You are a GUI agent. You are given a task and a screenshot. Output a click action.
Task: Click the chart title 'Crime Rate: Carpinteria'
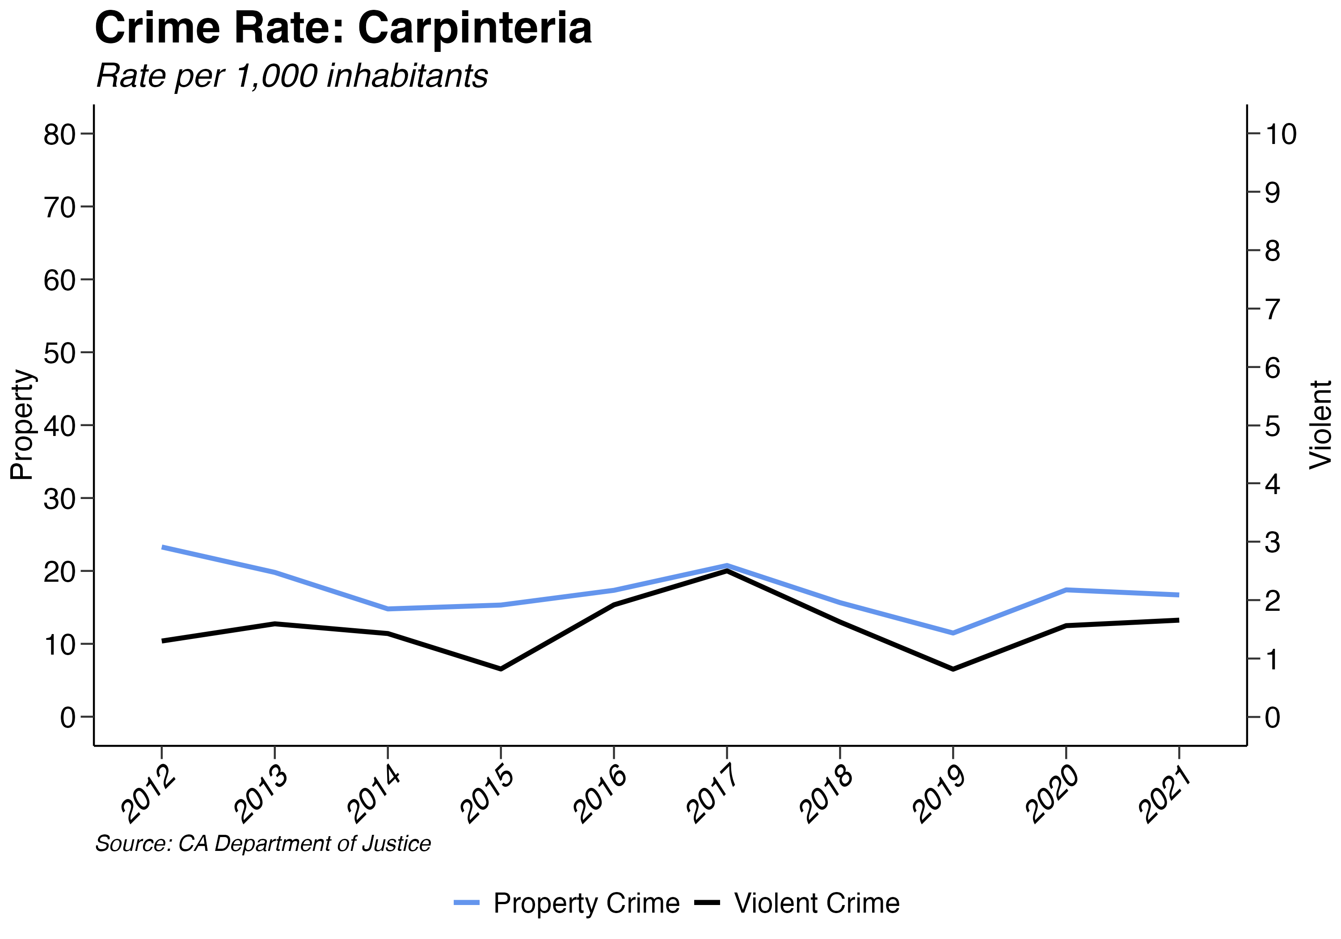click(x=343, y=28)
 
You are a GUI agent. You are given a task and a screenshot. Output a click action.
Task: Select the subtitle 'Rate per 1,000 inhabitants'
click(x=291, y=76)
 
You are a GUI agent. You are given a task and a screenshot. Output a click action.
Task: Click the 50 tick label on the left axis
click(x=59, y=353)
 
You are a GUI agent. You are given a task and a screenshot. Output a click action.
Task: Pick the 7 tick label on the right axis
click(x=1273, y=309)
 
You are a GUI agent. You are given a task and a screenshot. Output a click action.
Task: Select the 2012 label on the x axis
click(x=149, y=796)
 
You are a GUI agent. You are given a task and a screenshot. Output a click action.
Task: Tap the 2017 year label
click(x=714, y=796)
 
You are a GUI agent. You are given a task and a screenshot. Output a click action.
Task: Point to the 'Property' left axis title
click(x=22, y=425)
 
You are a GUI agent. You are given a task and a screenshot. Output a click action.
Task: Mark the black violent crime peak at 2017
click(x=726, y=571)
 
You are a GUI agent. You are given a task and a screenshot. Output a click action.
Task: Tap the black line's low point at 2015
click(x=501, y=669)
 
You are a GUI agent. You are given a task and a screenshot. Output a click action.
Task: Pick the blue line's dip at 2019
click(x=953, y=633)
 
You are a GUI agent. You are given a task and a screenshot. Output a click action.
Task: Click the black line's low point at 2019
click(x=953, y=669)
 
